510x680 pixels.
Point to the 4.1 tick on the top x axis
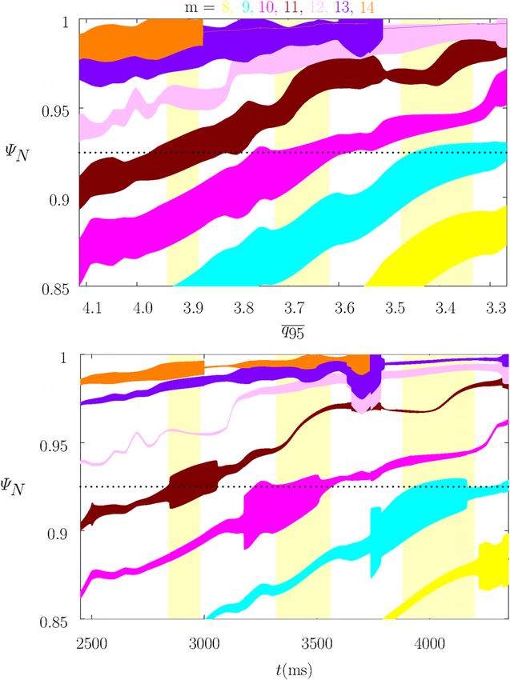(94, 306)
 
